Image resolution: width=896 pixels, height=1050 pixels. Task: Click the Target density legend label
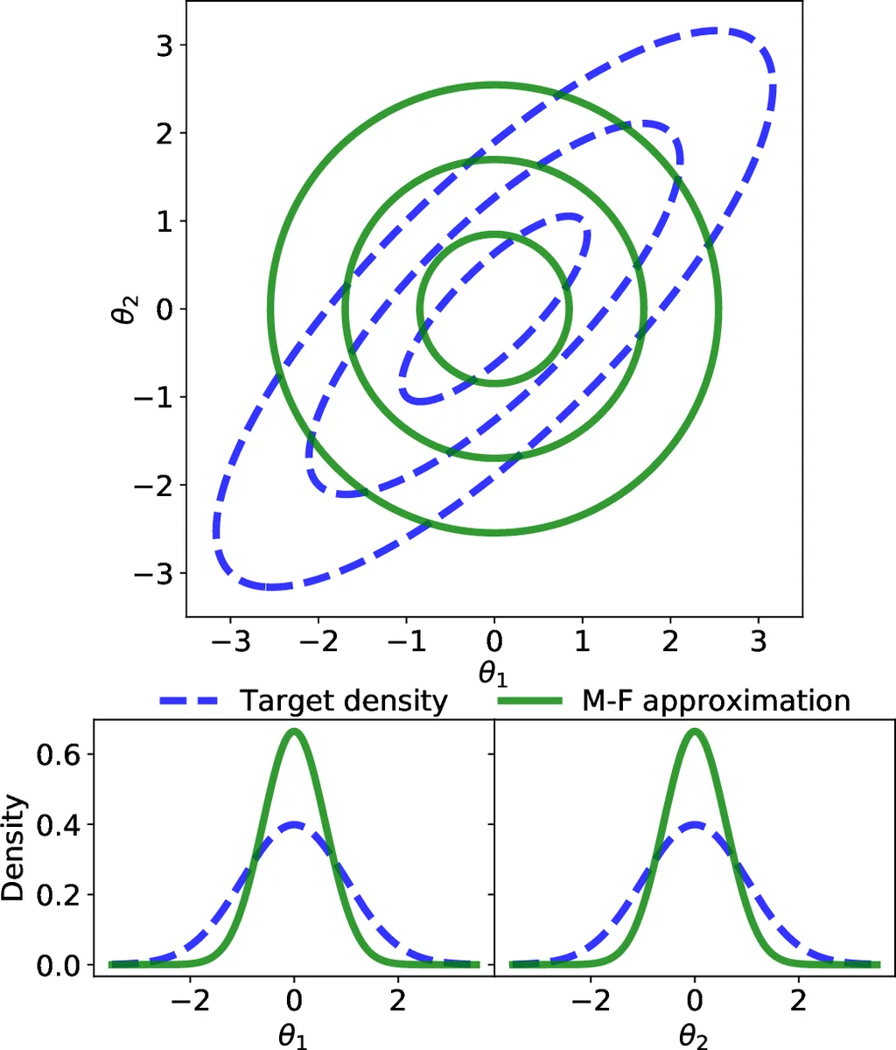pyautogui.click(x=344, y=701)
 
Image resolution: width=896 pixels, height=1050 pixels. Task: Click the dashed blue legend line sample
pyautogui.click(x=192, y=701)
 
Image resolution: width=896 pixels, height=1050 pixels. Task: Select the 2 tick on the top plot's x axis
pyautogui.click(x=670, y=643)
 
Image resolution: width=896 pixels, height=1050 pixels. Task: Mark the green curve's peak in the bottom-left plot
pyautogui.click(x=295, y=731)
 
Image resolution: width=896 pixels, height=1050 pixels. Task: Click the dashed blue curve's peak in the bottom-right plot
pyautogui.click(x=695, y=824)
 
